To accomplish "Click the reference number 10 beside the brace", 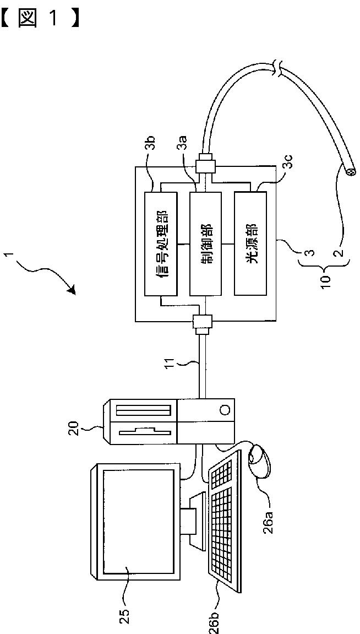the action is coord(328,278).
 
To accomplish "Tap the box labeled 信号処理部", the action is coord(161,245).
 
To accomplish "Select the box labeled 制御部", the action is coord(205,245).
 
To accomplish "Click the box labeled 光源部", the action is coord(250,245).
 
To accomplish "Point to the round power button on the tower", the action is coord(225,410).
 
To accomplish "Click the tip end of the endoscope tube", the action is coord(350,171).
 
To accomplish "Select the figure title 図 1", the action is coord(39,19).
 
